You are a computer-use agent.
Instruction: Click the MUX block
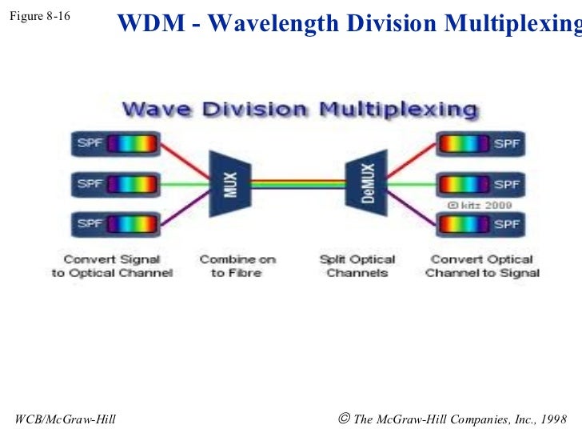[x=229, y=183]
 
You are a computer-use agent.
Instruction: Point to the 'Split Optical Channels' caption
[x=357, y=267]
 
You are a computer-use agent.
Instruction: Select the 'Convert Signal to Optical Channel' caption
[x=112, y=267]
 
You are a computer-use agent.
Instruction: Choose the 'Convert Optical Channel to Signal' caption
[x=482, y=267]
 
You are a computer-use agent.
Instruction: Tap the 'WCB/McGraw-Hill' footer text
[x=65, y=419]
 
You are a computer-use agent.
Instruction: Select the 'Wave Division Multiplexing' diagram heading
[x=300, y=108]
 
